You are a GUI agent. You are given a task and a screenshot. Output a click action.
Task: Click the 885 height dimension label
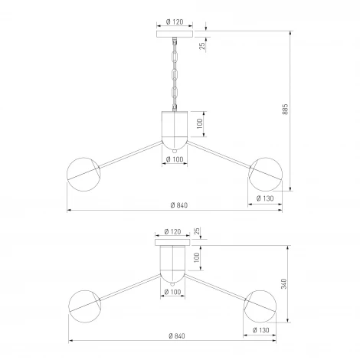pyautogui.click(x=286, y=109)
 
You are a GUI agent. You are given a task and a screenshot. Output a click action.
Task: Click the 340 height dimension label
pyautogui.click(x=283, y=284)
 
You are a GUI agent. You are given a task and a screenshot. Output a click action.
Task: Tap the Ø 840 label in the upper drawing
pyautogui.click(x=179, y=205)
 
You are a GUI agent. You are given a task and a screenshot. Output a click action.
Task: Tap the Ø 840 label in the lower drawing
pyautogui.click(x=177, y=336)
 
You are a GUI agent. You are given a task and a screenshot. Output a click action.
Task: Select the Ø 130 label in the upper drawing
pyautogui.click(x=265, y=198)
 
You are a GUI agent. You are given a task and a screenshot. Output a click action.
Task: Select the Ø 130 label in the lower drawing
pyautogui.click(x=260, y=330)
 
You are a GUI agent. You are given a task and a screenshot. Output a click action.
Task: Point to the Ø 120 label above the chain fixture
pyautogui.click(x=175, y=22)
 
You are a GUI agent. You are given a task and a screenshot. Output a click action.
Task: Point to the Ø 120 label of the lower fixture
pyautogui.click(x=172, y=231)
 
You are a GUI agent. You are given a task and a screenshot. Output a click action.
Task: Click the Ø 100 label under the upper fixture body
pyautogui.click(x=175, y=159)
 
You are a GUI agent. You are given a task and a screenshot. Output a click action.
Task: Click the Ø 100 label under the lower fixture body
pyautogui.click(x=172, y=292)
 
